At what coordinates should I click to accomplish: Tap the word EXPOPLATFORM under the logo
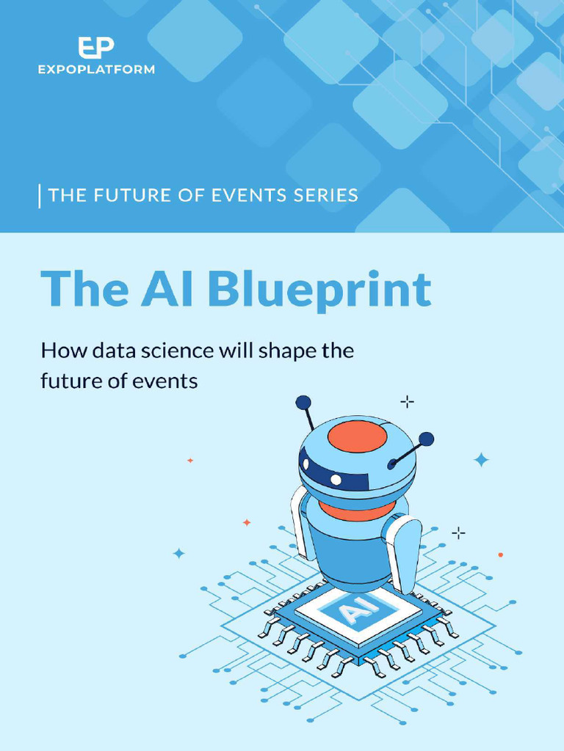click(x=96, y=70)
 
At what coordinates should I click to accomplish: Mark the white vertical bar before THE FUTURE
click(x=40, y=196)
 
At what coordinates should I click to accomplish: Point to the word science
click(x=177, y=351)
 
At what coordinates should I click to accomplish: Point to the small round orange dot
click(x=501, y=554)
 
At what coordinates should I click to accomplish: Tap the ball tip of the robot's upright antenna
click(x=303, y=403)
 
